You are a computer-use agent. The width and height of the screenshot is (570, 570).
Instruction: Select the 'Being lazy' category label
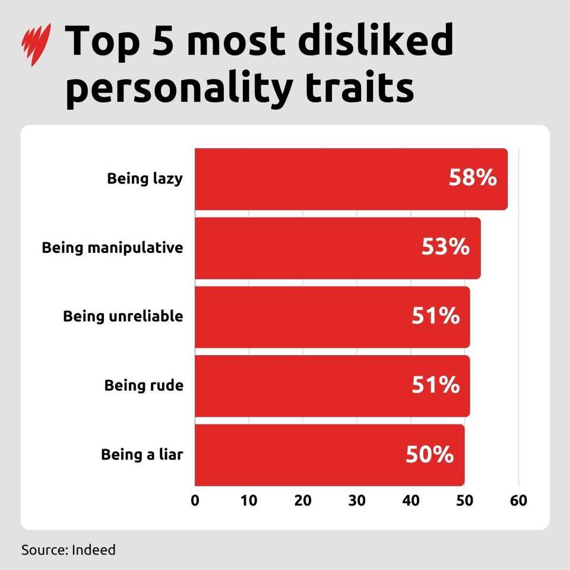(x=145, y=179)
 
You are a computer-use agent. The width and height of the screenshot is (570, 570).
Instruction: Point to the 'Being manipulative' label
(x=112, y=248)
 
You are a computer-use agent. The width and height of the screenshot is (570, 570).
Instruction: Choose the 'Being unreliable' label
(x=123, y=316)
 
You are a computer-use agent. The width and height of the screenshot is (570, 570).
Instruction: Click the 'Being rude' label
(x=144, y=385)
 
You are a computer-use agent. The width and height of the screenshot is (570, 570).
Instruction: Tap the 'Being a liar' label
(x=142, y=455)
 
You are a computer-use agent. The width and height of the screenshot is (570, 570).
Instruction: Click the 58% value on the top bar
(x=473, y=178)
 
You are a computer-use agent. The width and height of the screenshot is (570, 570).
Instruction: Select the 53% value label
(x=445, y=247)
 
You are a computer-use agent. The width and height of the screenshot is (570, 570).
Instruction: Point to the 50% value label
(x=430, y=455)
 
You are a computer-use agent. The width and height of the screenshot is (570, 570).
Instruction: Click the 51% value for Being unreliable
(x=435, y=316)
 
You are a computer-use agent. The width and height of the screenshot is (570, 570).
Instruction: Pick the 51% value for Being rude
(x=435, y=385)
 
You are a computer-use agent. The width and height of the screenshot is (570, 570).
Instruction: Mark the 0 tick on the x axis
(x=195, y=500)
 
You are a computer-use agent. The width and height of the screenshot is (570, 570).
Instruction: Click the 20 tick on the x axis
(x=303, y=500)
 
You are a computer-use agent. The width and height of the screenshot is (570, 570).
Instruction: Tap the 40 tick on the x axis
(x=411, y=500)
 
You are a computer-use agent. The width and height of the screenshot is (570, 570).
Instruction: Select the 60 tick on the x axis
(x=518, y=500)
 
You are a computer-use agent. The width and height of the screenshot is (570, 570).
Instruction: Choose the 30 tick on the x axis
(x=357, y=500)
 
